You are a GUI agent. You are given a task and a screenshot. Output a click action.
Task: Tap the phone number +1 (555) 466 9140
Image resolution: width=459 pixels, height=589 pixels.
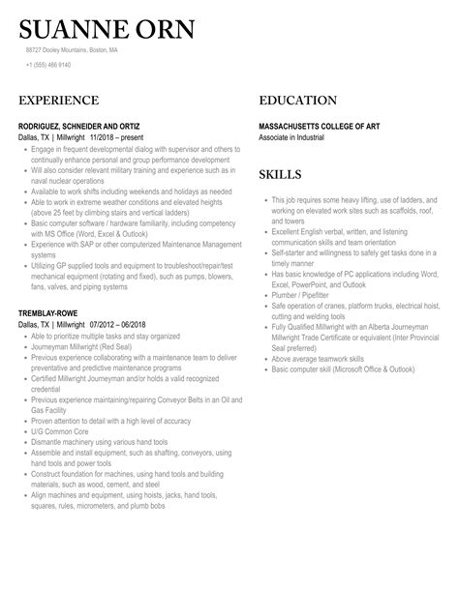[48, 65]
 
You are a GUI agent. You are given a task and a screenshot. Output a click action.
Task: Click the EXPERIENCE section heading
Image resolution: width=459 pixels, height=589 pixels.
[58, 101]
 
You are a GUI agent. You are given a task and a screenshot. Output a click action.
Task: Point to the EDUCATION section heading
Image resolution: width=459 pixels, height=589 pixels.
[298, 101]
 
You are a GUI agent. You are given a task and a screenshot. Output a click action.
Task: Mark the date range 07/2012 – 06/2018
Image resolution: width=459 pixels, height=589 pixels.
[122, 326]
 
